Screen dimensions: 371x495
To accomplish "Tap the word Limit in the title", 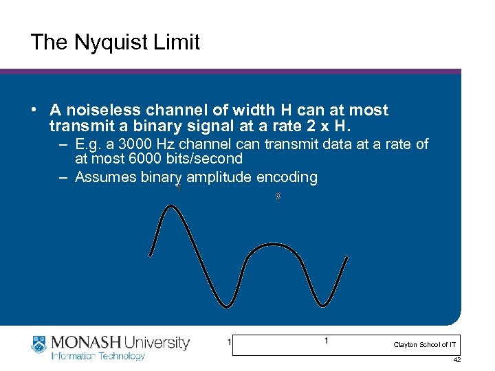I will (x=177, y=43).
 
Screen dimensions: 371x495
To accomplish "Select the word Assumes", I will (x=102, y=177).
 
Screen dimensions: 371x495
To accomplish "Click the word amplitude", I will (x=217, y=177).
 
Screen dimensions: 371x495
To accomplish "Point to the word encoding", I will (x=287, y=177).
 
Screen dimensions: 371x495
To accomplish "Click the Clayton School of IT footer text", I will (x=425, y=344).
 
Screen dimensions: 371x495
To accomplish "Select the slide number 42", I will (x=457, y=360).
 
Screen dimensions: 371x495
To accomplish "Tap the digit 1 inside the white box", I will (x=326, y=341).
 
